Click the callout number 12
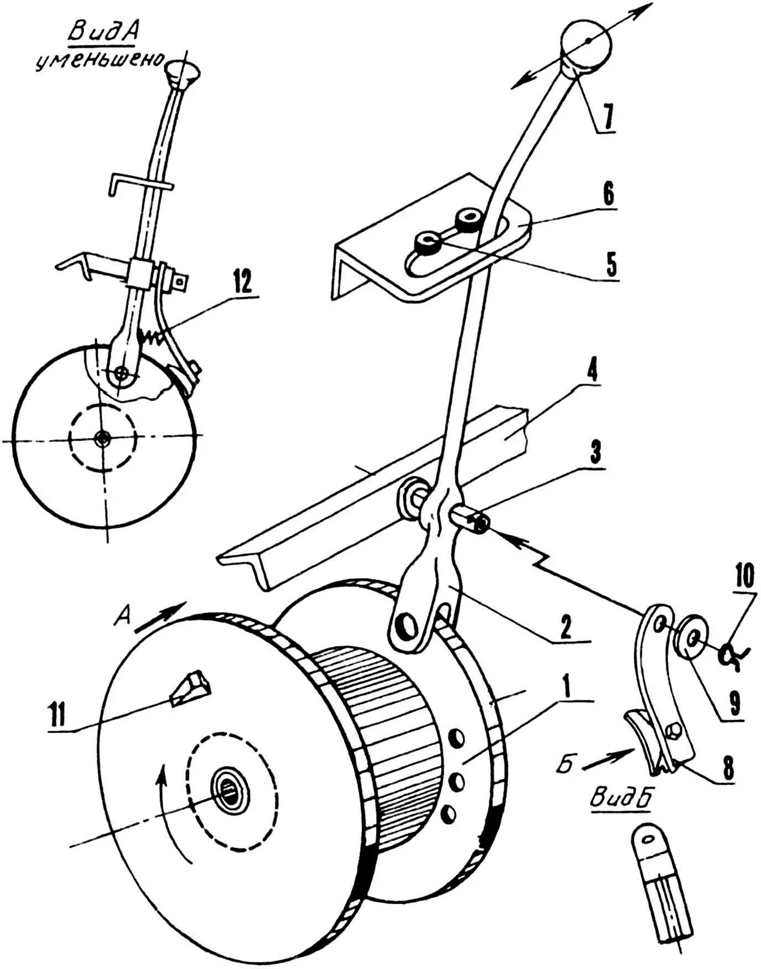pyautogui.click(x=242, y=284)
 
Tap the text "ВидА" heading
pyautogui.click(x=102, y=34)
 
